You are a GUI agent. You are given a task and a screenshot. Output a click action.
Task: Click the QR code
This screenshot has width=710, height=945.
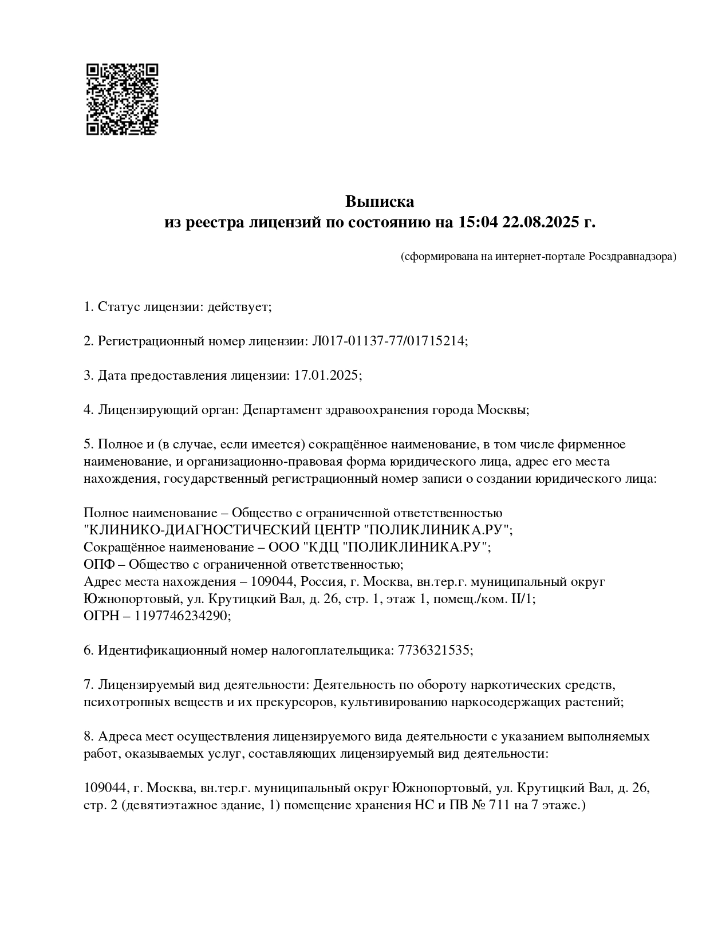pos(122,99)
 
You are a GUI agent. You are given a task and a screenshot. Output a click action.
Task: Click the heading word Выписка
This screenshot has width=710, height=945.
pos(379,202)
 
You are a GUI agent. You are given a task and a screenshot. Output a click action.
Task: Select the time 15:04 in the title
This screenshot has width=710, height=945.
pos(478,222)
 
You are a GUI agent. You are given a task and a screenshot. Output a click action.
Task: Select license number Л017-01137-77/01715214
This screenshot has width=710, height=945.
pos(388,341)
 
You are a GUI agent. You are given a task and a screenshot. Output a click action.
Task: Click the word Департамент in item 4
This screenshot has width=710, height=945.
pos(281,410)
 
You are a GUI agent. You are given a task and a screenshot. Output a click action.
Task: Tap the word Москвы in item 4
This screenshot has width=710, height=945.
pos(502,410)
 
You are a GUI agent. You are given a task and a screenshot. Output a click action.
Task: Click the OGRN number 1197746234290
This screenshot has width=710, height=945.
pos(182,616)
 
